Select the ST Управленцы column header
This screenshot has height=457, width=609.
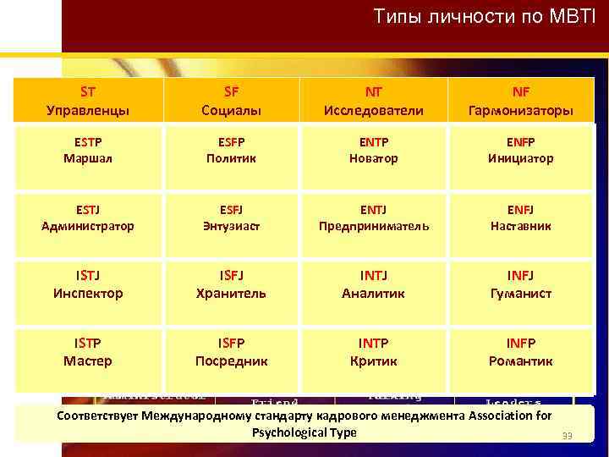(88, 101)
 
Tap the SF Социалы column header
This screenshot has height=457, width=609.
(231, 101)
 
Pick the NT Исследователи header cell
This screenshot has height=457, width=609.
(373, 101)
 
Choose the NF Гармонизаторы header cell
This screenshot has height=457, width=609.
(521, 101)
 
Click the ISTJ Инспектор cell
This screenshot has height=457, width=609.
(88, 284)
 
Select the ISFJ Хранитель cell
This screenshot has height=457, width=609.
(231, 284)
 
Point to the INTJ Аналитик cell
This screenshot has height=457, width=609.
(373, 284)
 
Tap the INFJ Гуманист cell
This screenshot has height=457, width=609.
(521, 284)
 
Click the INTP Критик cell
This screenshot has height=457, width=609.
(373, 351)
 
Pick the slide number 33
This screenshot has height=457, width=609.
(568, 437)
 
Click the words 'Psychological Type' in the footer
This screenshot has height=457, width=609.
(304, 432)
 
